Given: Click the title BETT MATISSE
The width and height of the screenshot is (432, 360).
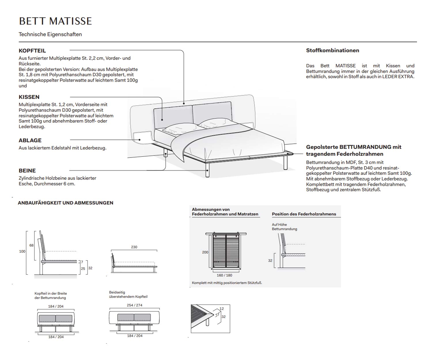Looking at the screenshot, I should coord(55,21).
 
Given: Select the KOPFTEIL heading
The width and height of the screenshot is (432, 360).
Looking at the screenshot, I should coord(32,51).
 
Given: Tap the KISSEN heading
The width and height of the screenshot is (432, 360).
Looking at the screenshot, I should coord(29,97).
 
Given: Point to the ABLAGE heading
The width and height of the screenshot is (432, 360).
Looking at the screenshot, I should coord(30,141).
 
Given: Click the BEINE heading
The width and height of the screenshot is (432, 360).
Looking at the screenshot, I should coord(27,170).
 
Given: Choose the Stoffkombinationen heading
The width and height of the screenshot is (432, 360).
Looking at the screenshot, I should coord(333,50).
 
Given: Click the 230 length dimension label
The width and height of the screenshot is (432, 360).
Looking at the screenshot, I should coord(134,247).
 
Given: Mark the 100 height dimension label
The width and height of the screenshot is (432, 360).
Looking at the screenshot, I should coord(22,251).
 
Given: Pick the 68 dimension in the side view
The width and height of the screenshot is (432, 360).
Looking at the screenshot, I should coord(31,245).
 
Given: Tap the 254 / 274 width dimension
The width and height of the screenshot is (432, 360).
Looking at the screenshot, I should coord(134,305).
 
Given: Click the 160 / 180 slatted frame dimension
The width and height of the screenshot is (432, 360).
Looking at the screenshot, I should coord(224,275).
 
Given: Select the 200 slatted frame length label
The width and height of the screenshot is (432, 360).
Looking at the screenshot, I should coord(205,252).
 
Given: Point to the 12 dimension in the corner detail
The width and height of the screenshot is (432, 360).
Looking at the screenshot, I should coord(221,309).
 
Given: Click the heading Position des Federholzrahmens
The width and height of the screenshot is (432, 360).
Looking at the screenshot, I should coord(304,214).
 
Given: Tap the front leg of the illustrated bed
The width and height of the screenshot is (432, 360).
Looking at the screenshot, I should coord(207,170).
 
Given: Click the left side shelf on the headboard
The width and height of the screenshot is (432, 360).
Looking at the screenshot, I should coord(143,137).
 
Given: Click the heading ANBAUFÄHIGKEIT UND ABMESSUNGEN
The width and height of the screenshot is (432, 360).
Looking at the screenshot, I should coord(65,203).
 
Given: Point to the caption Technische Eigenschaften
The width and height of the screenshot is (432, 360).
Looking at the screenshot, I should coord(50,34).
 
